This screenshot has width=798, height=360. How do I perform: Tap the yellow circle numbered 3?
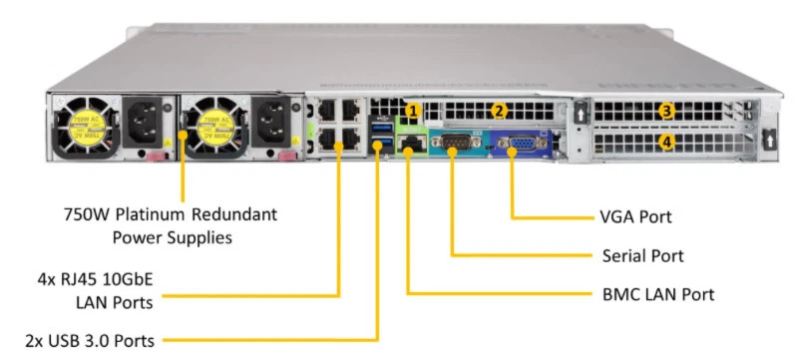667,111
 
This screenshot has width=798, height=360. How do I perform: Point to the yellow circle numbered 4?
667,143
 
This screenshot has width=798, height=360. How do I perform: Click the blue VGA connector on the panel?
521,146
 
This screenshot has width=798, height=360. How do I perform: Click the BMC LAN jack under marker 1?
408,146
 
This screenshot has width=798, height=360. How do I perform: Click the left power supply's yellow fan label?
81,124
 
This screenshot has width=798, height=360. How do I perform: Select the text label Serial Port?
642,255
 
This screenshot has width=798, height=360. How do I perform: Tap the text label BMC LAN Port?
658,294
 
